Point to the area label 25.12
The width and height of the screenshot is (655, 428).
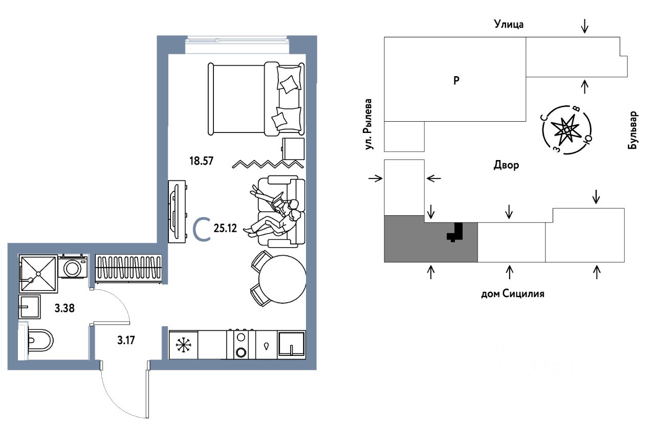click(225, 229)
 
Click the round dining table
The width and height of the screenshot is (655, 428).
click(282, 279)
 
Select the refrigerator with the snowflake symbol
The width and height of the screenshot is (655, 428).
click(183, 345)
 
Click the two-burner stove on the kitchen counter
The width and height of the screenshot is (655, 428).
click(241, 345)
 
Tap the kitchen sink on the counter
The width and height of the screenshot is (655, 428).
click(291, 345)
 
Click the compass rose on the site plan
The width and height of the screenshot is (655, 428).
click(566, 129)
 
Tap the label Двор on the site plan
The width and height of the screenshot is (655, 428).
click(507, 165)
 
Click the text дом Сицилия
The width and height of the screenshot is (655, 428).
click(512, 294)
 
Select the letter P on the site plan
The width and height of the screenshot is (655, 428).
click(456, 80)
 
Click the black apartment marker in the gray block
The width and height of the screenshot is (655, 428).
click(455, 232)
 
